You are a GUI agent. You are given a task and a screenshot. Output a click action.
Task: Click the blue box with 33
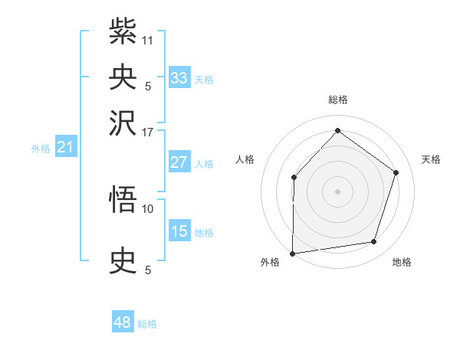[179, 78]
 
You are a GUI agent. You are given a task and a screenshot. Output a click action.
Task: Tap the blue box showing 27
[179, 162]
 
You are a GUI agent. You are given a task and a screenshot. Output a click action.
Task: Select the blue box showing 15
[179, 231]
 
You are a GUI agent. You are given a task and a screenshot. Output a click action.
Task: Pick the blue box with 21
[65, 147]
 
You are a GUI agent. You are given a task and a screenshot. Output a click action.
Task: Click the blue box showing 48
[123, 322]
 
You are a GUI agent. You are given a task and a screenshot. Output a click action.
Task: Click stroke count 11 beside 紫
[148, 38]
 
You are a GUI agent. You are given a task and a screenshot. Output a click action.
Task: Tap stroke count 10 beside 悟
[148, 208]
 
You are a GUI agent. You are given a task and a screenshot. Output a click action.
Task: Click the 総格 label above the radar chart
[337, 100]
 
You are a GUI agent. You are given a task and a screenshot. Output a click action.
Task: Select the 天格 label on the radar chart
[431, 159]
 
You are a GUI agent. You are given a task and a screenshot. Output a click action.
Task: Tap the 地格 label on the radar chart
[402, 263]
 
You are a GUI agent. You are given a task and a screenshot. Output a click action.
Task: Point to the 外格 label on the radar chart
[270, 263]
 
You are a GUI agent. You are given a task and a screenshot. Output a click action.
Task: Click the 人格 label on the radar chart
[245, 159]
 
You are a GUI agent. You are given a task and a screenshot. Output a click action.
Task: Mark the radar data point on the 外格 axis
[292, 253]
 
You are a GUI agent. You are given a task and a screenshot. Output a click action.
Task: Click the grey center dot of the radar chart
[337, 191]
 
